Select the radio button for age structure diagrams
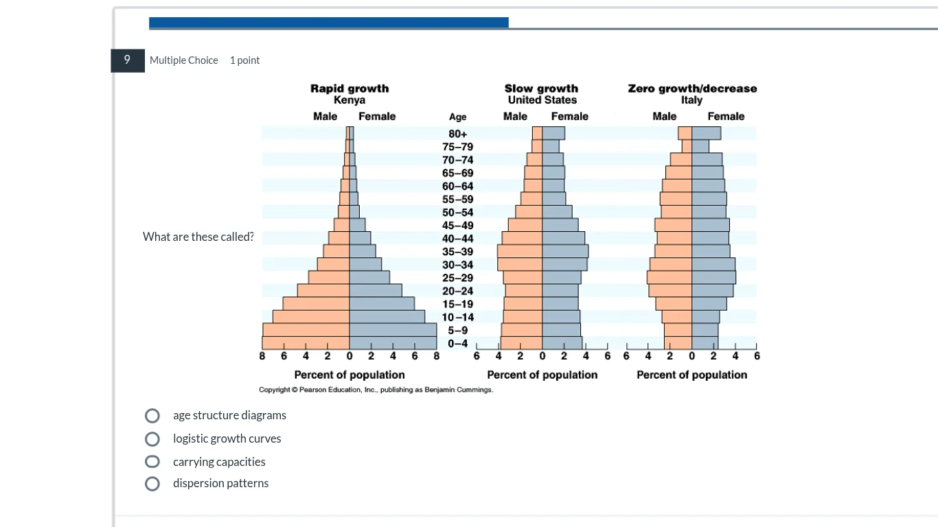(152, 416)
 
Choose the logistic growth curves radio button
(152, 439)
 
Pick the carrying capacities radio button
(152, 462)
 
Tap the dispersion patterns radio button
(152, 484)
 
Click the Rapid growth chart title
(350, 89)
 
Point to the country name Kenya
(350, 100)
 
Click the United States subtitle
(542, 100)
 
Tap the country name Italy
(691, 100)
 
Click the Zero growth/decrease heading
(692, 89)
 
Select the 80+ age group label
(458, 134)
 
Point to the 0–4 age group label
(458, 343)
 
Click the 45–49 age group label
(458, 226)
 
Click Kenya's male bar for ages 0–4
(306, 343)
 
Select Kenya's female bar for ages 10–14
(387, 317)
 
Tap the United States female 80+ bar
(553, 133)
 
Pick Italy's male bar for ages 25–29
(670, 278)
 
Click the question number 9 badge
(127, 60)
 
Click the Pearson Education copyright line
(376, 390)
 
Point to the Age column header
(457, 117)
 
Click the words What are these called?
(198, 237)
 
